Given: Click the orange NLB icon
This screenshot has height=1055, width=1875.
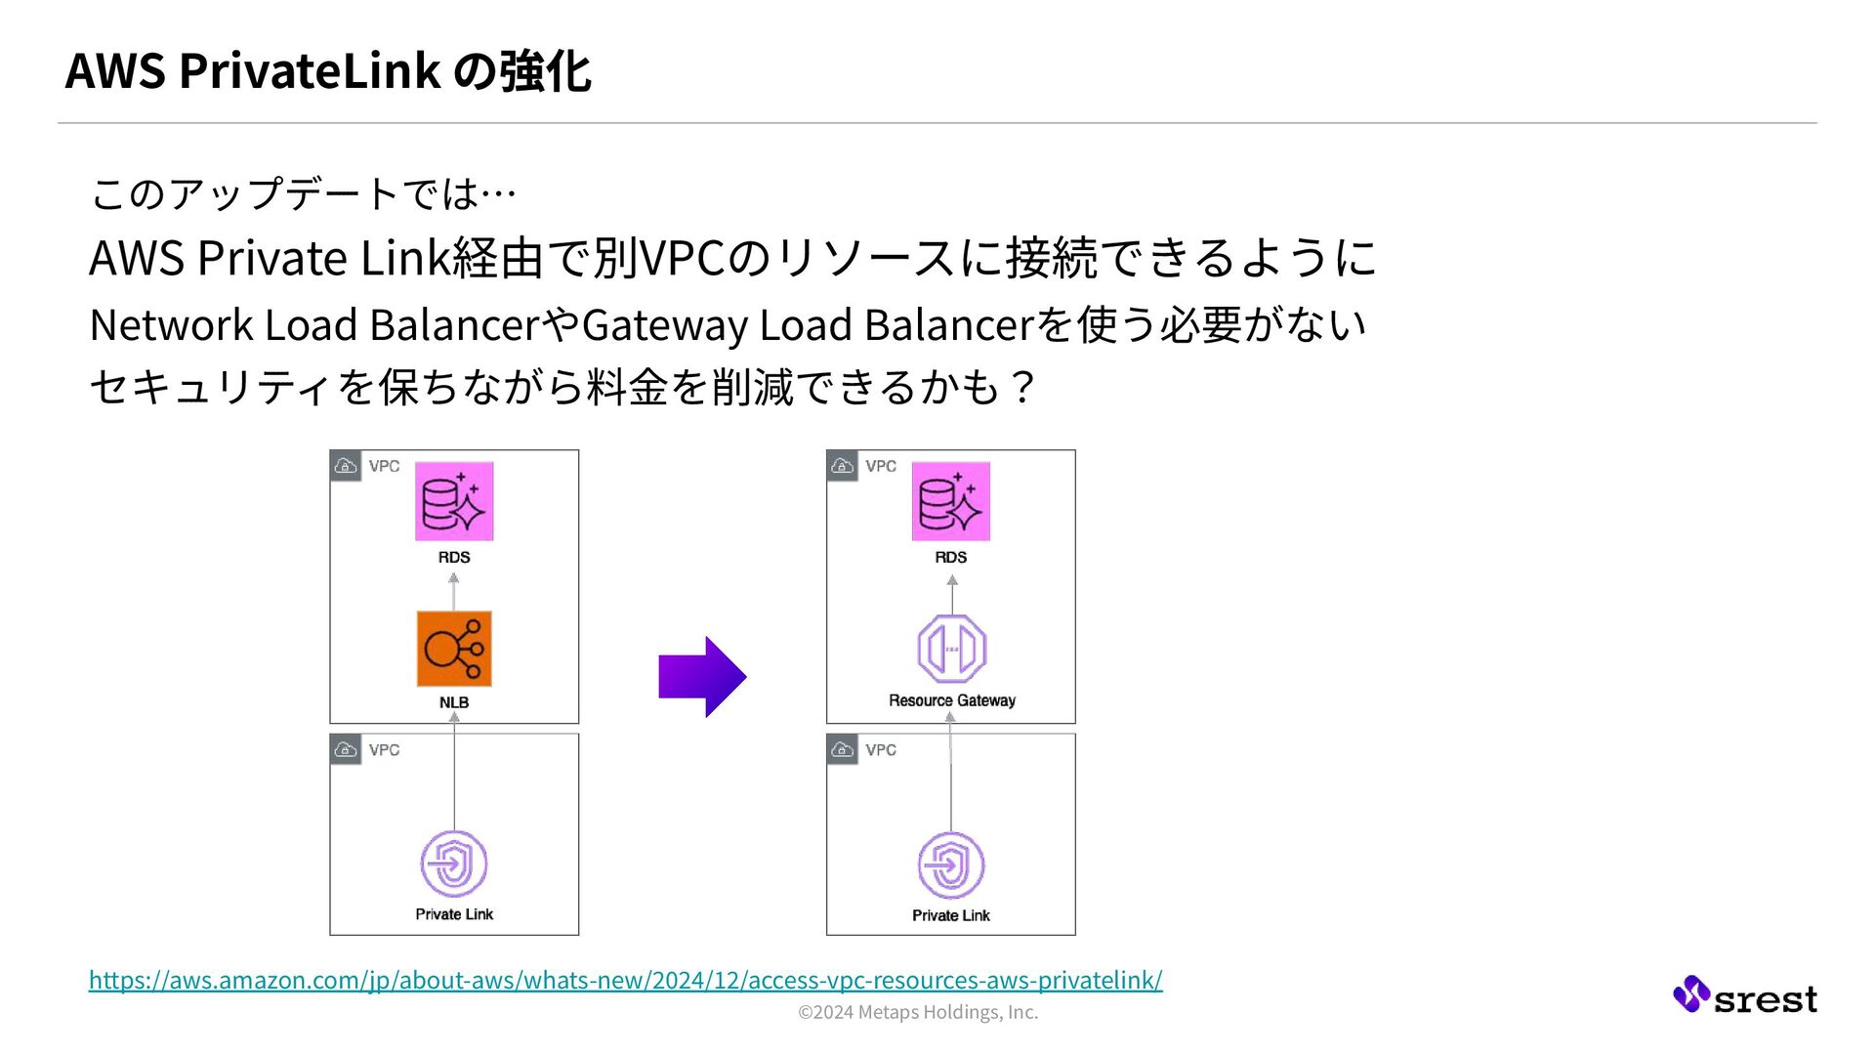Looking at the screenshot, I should coord(454,649).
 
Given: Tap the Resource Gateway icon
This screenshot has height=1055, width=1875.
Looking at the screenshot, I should coord(951,649).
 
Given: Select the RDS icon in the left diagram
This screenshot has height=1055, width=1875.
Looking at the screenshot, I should coord(454,501).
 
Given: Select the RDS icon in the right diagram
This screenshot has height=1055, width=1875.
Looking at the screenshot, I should coord(950,501).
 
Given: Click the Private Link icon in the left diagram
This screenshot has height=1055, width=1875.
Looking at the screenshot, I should coord(454,864).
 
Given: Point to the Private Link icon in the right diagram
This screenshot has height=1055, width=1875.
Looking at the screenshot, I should coord(950,865).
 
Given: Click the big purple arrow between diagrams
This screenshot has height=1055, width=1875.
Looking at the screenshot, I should coord(702,677).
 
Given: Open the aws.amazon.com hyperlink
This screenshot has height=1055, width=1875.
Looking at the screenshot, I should coord(625,980).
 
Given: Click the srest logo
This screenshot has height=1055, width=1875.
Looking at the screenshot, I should coord(1745,995).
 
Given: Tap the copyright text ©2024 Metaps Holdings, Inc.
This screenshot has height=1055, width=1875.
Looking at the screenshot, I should coord(918,1012).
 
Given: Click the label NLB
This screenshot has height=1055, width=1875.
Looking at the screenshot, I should coord(454,702).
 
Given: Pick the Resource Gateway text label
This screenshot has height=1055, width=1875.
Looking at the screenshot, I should coord(952,700).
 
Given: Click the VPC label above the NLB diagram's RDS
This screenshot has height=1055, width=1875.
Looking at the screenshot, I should coord(384,466).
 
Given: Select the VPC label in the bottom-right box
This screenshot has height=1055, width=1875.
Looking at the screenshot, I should coord(880,750).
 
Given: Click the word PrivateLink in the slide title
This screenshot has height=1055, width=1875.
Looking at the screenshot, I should coord(310,70).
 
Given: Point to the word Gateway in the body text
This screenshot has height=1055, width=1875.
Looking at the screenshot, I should coord(665,324).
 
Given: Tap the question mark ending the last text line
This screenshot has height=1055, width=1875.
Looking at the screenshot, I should coord(1023,388).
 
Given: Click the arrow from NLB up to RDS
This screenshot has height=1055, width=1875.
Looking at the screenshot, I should coord(454,592).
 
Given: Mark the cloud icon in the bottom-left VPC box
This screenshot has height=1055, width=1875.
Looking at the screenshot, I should coord(346,750).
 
